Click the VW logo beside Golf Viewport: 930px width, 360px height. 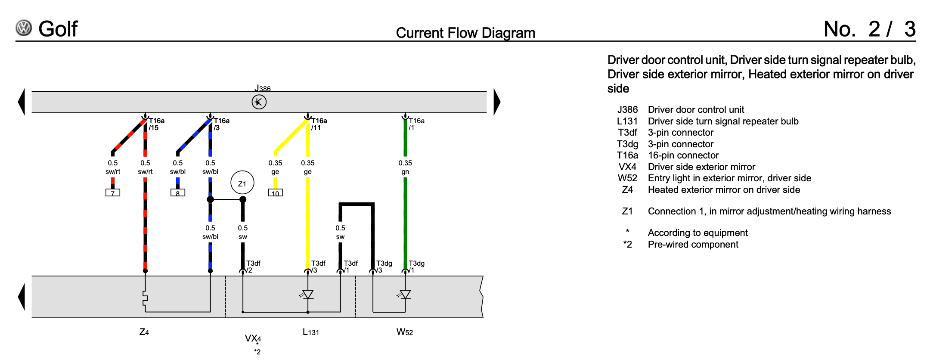pos(24,28)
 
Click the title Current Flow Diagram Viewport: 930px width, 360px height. pos(465,33)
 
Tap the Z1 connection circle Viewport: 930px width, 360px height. pos(242,183)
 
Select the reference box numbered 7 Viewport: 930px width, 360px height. pos(113,193)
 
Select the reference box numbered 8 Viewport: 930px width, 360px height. pos(178,193)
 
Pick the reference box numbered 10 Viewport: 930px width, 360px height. pos(275,193)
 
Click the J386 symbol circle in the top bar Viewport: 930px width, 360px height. pos(259,102)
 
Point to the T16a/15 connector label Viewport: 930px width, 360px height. pos(156,124)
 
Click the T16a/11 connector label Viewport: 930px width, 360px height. pos(319,124)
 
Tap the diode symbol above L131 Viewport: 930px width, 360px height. pos(308,295)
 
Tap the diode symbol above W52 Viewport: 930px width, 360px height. pos(405,295)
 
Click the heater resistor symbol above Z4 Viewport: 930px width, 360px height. pos(145,298)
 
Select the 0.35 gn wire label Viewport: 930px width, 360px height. pos(405,167)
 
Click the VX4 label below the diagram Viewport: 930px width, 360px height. pos(253,338)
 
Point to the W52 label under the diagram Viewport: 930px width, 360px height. pos(405,332)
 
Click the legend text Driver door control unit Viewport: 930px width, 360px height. pos(696,110)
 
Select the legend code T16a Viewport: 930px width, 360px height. pos(627,155)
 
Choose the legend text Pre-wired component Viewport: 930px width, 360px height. pos(693,245)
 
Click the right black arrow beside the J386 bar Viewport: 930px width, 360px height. pos(497,102)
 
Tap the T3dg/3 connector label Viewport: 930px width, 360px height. pos(384,267)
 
